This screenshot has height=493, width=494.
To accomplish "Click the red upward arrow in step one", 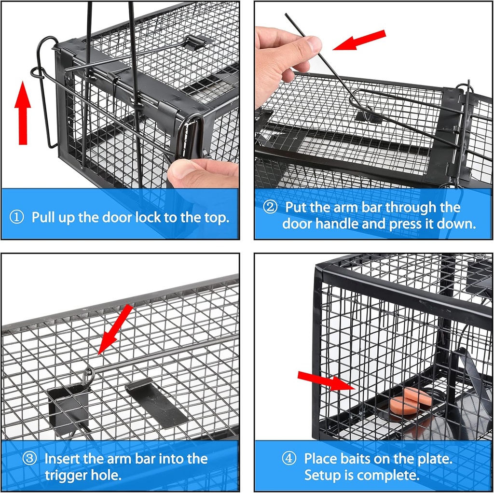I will [22, 114].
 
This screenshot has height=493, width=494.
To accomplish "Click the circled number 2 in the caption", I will [270, 208].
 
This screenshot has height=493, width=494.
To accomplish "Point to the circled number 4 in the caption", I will [288, 458].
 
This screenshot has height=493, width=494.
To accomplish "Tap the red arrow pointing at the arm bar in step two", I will [360, 40].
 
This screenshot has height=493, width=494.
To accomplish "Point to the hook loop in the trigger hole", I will [88, 375].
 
